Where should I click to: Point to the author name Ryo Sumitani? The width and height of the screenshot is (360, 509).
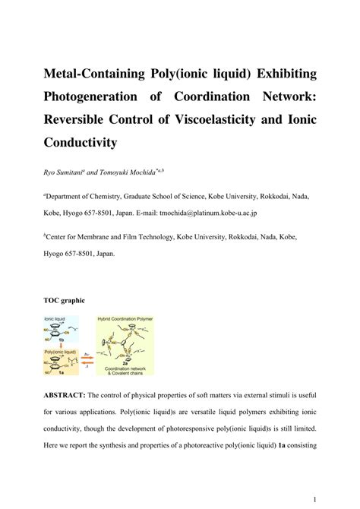(69, 174)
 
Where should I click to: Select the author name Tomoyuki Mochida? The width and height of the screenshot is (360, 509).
(140, 174)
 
